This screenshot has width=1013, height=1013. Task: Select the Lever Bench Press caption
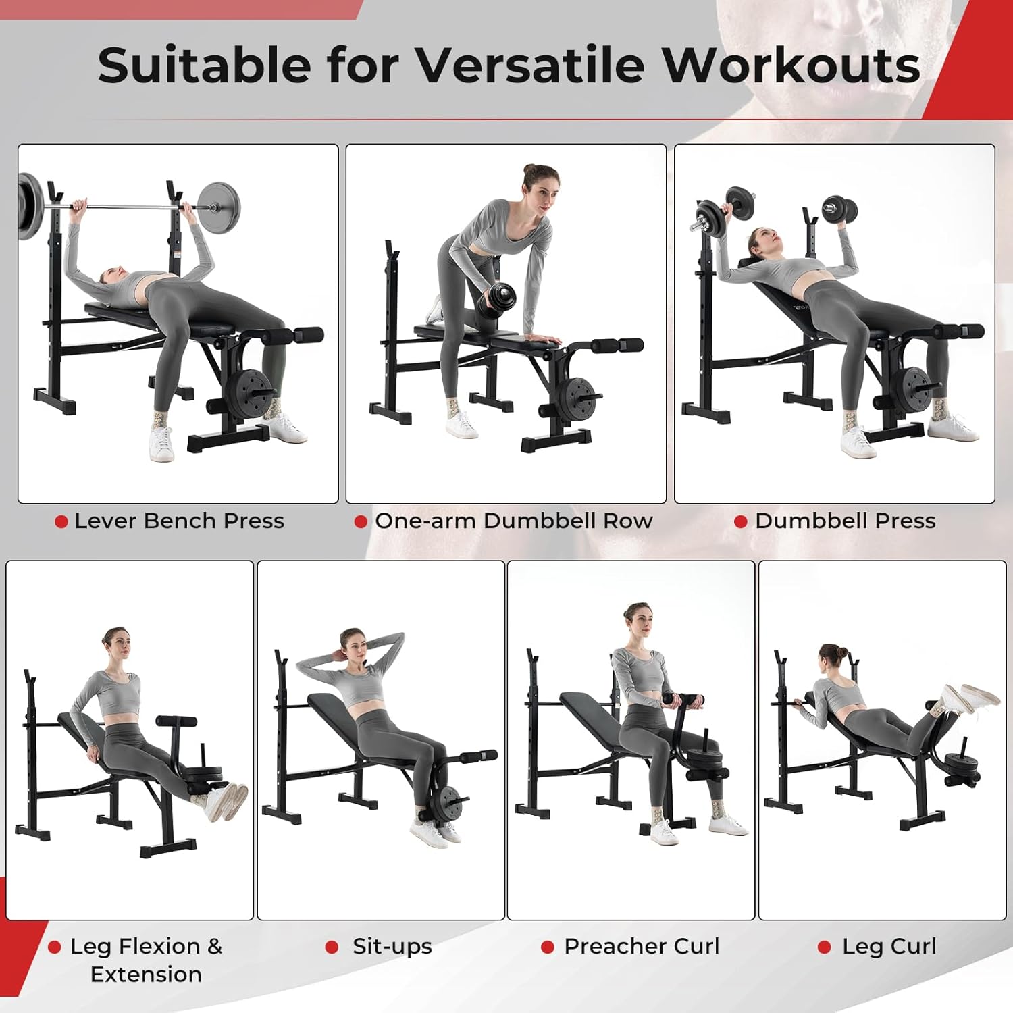pyautogui.click(x=179, y=521)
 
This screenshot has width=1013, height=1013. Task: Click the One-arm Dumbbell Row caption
pyautogui.click(x=513, y=521)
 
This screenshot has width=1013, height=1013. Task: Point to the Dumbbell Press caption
pyautogui.click(x=845, y=521)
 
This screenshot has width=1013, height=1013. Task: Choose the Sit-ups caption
pyautogui.click(x=392, y=946)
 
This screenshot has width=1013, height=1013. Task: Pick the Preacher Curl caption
pyautogui.click(x=642, y=946)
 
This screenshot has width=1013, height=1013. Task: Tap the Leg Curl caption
pyautogui.click(x=889, y=946)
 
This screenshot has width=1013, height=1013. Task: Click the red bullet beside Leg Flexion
pyautogui.click(x=55, y=947)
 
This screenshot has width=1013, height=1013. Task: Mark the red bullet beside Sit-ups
pyautogui.click(x=332, y=947)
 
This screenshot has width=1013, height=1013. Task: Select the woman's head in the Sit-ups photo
pyautogui.click(x=353, y=646)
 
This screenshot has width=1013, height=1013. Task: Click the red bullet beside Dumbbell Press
pyautogui.click(x=740, y=522)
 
